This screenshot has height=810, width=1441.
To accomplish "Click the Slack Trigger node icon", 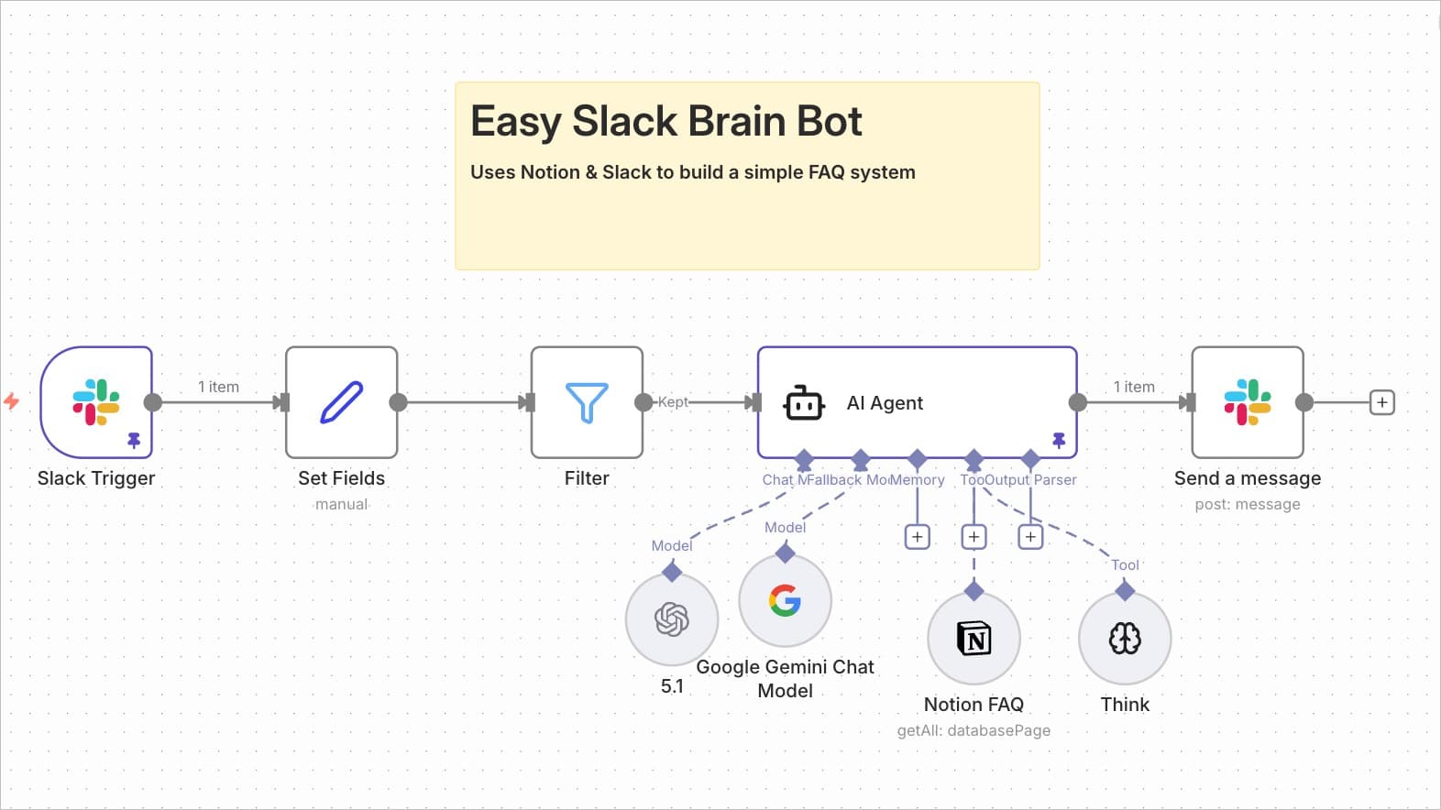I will [96, 401].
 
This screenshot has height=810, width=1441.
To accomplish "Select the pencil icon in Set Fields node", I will [341, 401].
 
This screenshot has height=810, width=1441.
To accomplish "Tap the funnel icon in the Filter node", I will [587, 401].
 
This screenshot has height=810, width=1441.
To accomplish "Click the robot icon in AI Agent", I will [804, 402].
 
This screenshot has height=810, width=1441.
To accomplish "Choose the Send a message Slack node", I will [1247, 401].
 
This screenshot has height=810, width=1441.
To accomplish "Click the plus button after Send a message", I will [1381, 401].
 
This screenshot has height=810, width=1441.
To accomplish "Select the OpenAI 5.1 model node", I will [672, 619].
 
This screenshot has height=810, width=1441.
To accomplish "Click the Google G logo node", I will [785, 600].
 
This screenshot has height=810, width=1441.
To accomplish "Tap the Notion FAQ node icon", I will [973, 638].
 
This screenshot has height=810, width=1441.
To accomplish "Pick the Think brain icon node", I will [1125, 638].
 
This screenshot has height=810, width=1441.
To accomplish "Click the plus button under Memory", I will [917, 536].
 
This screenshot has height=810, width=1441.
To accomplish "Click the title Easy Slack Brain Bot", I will [665, 121].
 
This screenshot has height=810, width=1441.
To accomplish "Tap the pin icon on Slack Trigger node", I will [134, 441].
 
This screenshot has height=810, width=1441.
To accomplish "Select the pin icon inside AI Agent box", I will [1059, 441].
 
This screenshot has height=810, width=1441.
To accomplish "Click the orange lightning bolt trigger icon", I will [12, 401].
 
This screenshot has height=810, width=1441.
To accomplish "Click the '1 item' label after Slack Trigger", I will [218, 387].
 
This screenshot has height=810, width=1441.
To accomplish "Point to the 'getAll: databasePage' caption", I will [973, 730].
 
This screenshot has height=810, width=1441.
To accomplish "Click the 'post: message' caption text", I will [1247, 504].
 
